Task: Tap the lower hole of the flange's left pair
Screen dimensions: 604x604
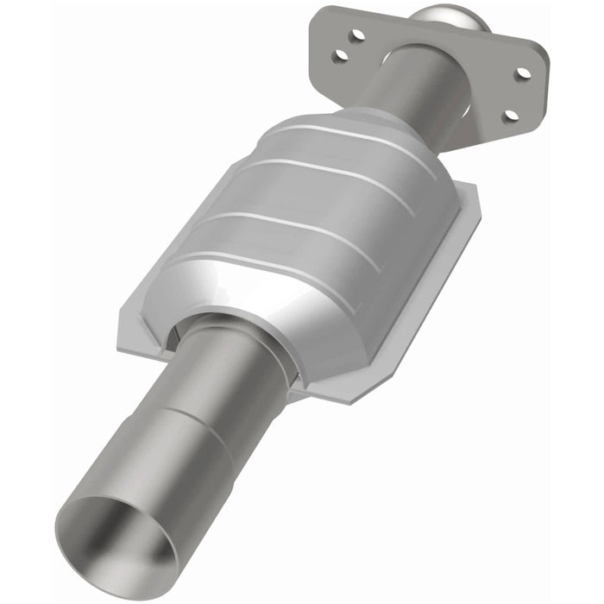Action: tap(341, 55)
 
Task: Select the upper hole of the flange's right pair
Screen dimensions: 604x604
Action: tap(523, 73)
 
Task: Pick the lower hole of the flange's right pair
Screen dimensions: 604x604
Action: tap(511, 114)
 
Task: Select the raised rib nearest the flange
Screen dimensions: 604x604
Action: tap(345, 138)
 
